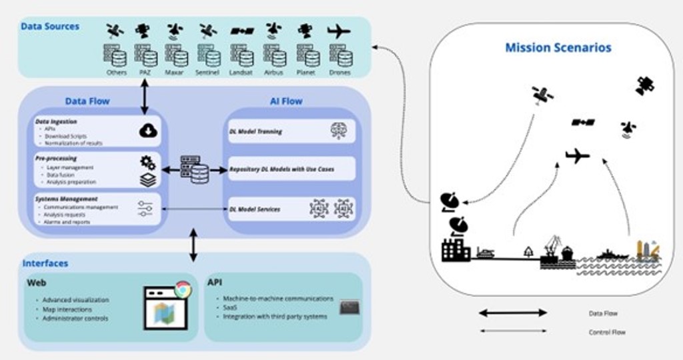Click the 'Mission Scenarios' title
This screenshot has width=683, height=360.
click(x=558, y=47)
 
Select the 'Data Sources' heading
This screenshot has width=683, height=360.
click(x=50, y=27)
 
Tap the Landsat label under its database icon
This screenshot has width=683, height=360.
click(x=240, y=73)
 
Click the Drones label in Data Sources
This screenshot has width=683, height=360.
click(x=339, y=73)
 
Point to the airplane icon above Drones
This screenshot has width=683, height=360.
click(x=339, y=31)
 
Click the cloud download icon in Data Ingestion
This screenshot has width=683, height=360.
click(x=147, y=131)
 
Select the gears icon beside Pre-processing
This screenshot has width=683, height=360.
click(x=147, y=162)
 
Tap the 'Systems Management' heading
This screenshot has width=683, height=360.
click(x=66, y=199)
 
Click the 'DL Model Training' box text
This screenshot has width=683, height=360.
click(x=255, y=131)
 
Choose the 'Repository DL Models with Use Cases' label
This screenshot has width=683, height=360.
click(x=281, y=169)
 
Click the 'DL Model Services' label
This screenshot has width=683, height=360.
click(x=255, y=209)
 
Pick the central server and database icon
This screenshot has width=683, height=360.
click(x=194, y=169)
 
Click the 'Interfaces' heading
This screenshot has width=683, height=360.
click(x=45, y=263)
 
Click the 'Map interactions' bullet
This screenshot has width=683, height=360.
click(x=67, y=309)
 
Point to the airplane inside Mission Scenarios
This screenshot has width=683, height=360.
click(x=577, y=156)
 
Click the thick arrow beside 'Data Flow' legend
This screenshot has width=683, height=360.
click(x=513, y=313)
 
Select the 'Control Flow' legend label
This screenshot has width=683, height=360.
click(x=607, y=332)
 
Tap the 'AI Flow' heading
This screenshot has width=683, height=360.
click(x=285, y=101)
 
